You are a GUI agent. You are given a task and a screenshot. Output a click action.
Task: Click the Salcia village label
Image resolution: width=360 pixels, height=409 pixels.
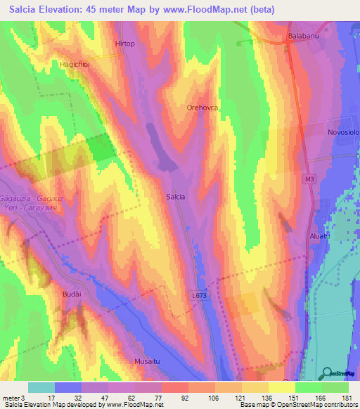176,197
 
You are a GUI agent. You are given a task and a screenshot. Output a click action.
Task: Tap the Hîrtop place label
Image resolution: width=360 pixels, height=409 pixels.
124,44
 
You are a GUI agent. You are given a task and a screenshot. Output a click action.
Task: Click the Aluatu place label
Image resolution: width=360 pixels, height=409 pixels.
320,237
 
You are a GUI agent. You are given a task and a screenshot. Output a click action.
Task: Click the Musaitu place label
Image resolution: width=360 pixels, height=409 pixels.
147,361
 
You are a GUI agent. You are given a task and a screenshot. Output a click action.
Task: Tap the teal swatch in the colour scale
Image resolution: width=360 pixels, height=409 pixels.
41,387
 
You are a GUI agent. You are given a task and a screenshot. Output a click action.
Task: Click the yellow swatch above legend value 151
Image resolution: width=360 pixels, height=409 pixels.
281,387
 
